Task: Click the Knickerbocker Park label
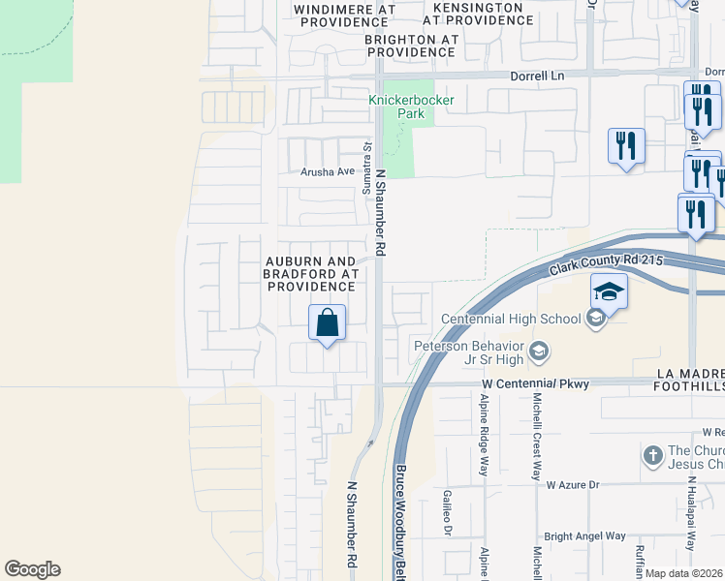[396, 107]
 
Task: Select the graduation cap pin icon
[609, 291]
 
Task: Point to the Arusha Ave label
[328, 171]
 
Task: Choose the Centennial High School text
[511, 319]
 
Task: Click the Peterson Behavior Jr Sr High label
[469, 352]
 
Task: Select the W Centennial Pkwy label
[536, 384]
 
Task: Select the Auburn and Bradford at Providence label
[310, 274]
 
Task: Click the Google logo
[32, 569]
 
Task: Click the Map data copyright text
[684, 573]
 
